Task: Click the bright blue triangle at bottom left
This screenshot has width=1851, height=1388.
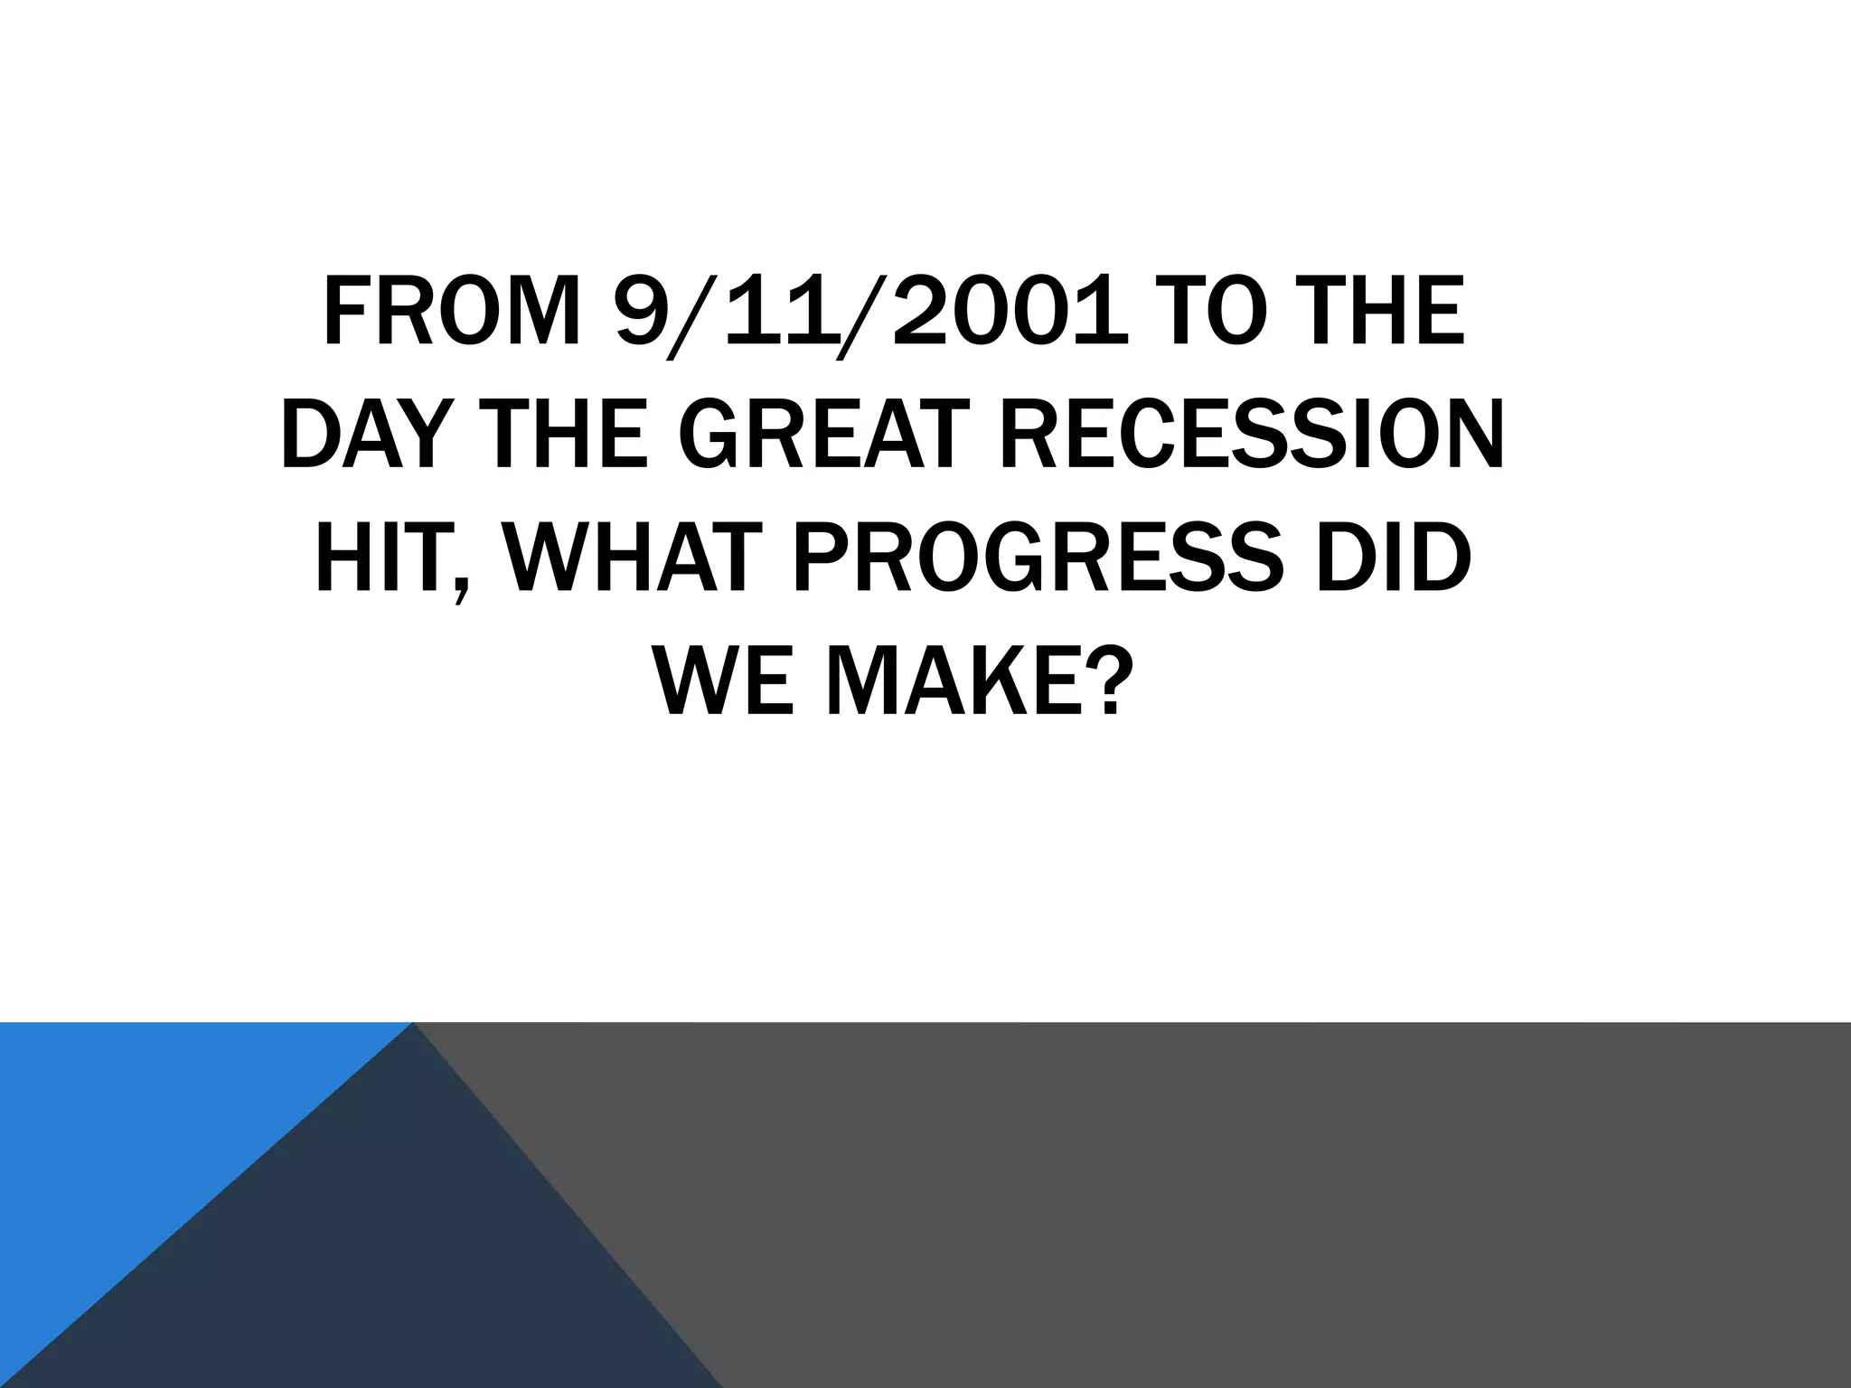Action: pos(136,1130)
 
